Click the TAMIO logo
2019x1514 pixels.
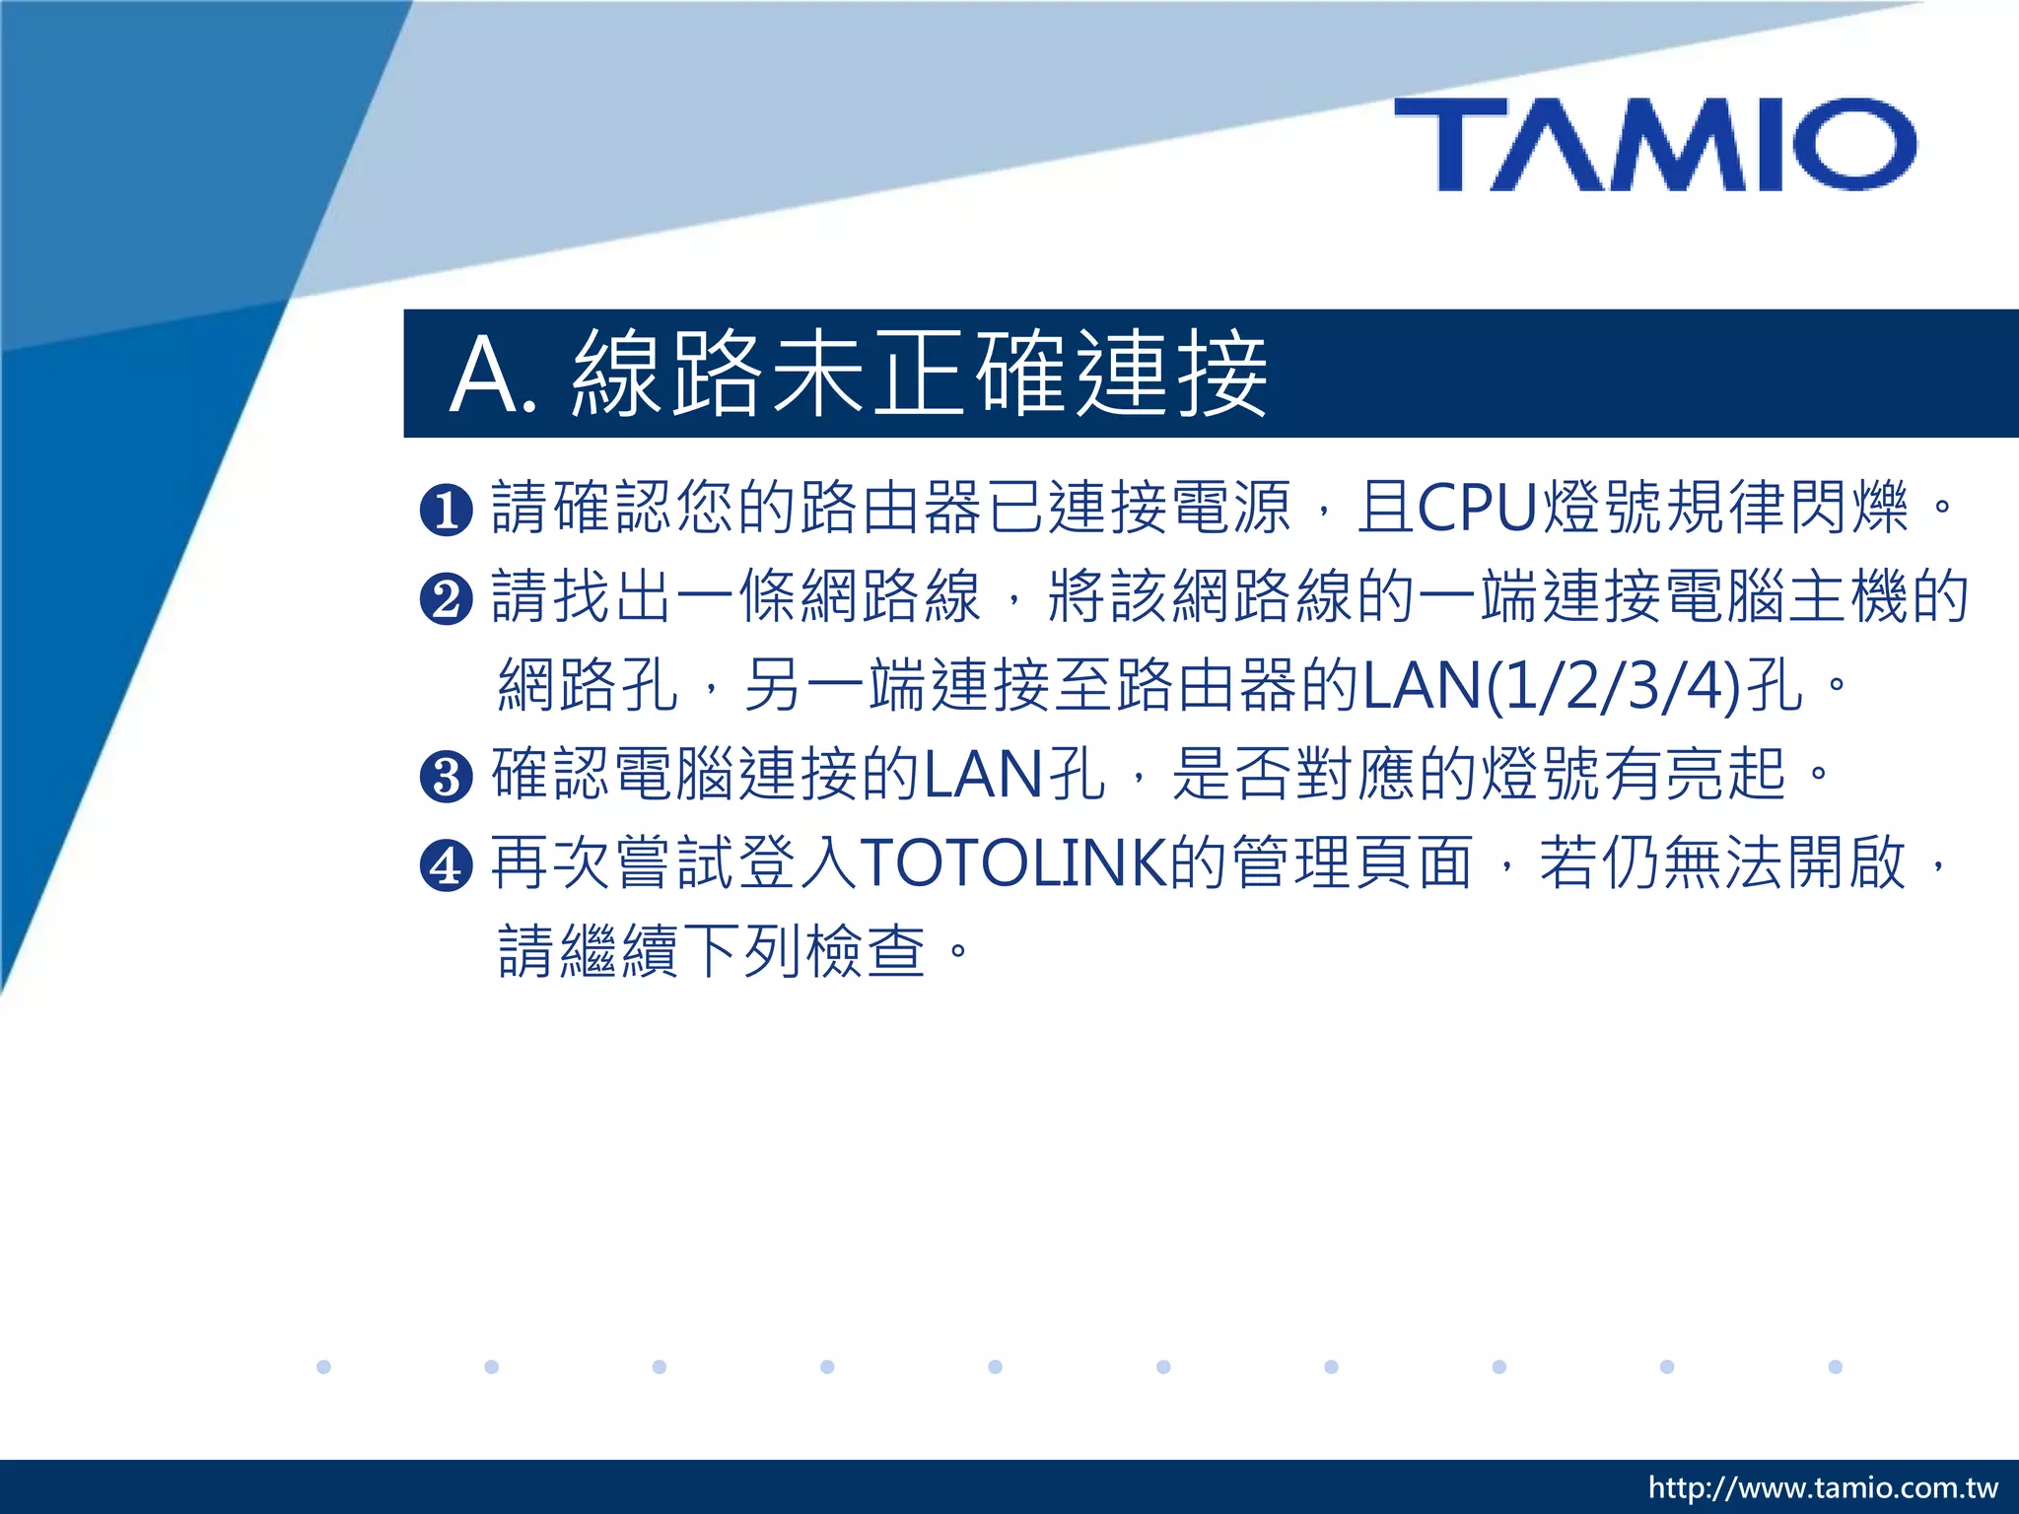tap(1655, 144)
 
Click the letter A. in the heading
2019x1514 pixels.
tap(494, 376)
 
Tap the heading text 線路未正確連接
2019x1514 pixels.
tap(919, 374)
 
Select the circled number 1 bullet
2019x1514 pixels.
tap(447, 510)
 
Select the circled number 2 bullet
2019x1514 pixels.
tap(447, 598)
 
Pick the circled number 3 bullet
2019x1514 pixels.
tap(447, 776)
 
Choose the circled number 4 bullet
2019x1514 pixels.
tap(447, 864)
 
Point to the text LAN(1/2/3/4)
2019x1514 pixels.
tap(1552, 686)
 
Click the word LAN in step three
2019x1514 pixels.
tap(982, 775)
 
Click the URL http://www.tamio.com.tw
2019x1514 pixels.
tap(1823, 1487)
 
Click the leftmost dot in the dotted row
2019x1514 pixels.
tap(323, 1366)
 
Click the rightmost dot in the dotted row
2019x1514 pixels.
tap(1835, 1366)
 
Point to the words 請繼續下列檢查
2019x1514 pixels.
tap(712, 951)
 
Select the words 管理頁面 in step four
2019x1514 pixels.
tap(1353, 863)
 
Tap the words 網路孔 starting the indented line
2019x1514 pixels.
tap(589, 686)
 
